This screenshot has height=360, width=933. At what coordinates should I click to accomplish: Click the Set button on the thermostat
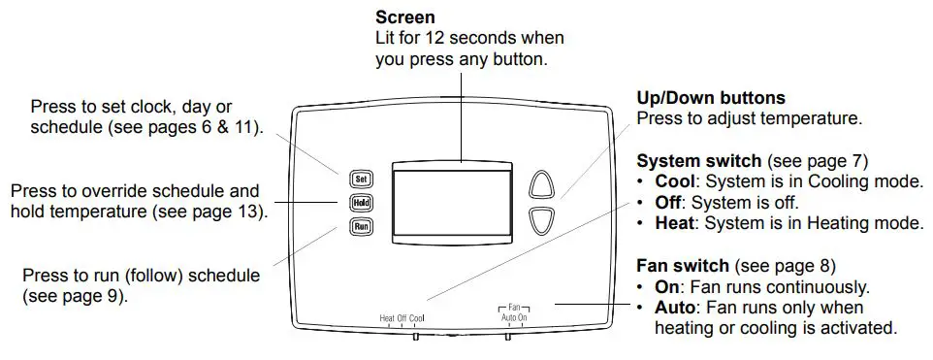[x=361, y=179]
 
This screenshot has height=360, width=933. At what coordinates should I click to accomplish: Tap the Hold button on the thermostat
[x=361, y=204]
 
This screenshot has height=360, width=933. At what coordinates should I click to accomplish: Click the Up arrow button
[x=543, y=186]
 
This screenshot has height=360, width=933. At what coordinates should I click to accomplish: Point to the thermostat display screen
[x=451, y=204]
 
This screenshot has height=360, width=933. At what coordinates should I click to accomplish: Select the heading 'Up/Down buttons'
[x=710, y=98]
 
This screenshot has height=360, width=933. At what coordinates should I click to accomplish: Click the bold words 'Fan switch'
[x=683, y=265]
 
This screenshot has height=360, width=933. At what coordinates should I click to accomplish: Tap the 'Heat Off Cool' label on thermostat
[x=402, y=318]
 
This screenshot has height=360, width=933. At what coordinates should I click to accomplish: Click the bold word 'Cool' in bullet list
[x=673, y=181]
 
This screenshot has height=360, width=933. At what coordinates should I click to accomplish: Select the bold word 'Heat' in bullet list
[x=673, y=223]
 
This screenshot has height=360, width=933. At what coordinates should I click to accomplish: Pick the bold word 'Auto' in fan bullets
[x=673, y=307]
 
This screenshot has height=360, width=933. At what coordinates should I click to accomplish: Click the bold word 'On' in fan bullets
[x=666, y=287]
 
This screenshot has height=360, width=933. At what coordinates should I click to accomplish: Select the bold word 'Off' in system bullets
[x=667, y=203]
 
